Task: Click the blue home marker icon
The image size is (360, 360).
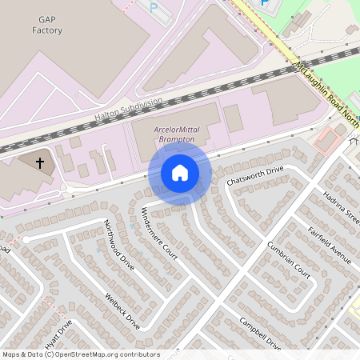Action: [x=180, y=173]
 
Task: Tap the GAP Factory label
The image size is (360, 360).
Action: [x=46, y=24]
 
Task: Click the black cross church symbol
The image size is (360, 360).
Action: [x=39, y=162]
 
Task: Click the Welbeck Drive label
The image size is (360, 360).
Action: [x=122, y=311]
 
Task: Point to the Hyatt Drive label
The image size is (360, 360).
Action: [x=58, y=333]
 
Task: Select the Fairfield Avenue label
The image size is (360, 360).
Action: [x=330, y=244]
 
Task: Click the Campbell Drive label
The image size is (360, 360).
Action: [x=260, y=334]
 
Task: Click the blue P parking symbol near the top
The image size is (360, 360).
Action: [x=153, y=7]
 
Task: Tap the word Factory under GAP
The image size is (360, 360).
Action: [x=46, y=30]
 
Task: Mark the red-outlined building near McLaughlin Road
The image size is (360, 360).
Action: [x=328, y=141]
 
